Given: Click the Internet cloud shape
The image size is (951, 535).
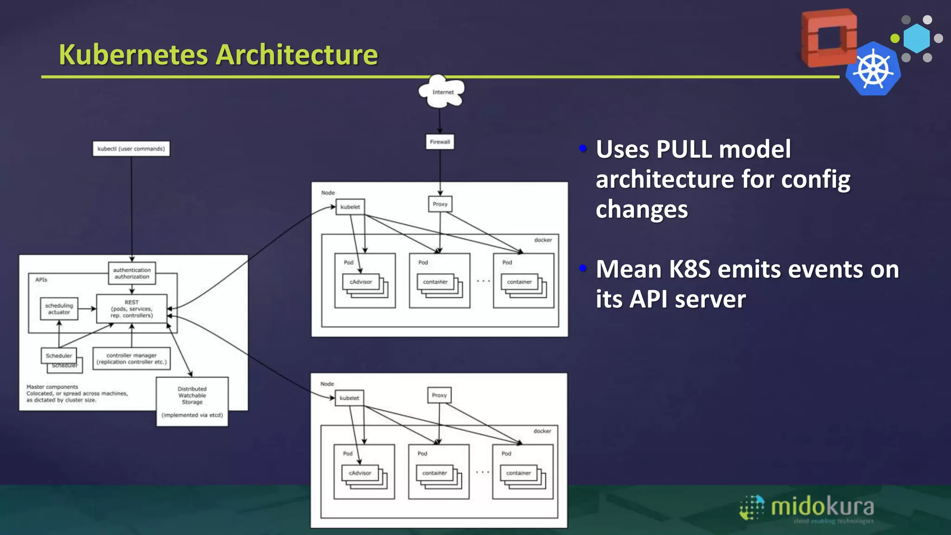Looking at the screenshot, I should click(x=442, y=91).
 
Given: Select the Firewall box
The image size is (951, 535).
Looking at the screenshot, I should click(x=440, y=142).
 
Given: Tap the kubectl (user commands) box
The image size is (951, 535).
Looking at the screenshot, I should click(x=131, y=149).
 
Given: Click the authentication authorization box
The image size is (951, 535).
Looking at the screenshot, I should click(x=132, y=273).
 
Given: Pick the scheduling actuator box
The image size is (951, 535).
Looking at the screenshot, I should click(x=59, y=309).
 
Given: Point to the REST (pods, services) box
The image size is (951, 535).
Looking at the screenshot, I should click(x=131, y=309).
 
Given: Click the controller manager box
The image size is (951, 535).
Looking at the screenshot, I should click(x=131, y=359).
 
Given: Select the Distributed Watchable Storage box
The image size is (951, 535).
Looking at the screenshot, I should click(x=192, y=401).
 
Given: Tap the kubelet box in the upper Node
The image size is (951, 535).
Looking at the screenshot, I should click(x=350, y=207).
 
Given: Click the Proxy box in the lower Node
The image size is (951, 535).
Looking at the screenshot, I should click(x=439, y=395).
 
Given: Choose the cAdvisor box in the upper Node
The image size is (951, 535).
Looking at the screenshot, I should click(x=361, y=282).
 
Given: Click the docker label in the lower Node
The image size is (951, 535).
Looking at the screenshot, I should click(x=542, y=431).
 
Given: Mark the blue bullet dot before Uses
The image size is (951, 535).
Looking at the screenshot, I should click(x=583, y=149).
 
